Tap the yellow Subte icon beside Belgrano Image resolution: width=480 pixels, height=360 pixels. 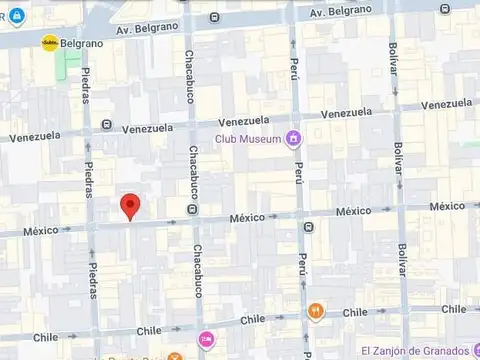tap(48, 43)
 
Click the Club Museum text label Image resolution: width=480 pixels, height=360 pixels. tap(248, 139)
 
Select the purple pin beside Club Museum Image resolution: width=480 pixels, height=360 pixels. tap(293, 138)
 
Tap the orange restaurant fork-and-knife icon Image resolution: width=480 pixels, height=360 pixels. tap(316, 310)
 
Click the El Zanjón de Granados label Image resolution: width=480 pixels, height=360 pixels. tap(410, 349)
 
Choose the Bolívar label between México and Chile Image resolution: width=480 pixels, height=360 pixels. tap(403, 266)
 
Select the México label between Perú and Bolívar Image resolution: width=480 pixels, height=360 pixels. tap(353, 211)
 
